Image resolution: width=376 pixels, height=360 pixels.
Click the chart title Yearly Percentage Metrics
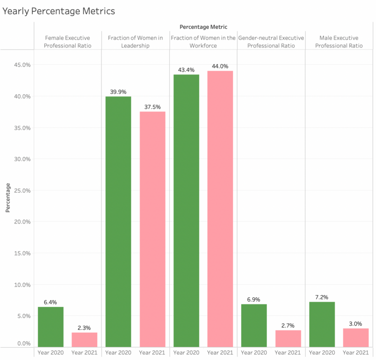click(59, 11)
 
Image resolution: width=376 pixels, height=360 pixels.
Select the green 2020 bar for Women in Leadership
click(118, 222)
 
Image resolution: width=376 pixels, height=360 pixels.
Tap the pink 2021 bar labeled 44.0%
click(220, 209)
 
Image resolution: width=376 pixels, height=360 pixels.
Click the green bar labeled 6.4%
click(51, 327)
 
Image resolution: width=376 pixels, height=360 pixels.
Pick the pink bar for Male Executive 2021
click(356, 338)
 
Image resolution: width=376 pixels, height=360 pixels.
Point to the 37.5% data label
click(152, 107)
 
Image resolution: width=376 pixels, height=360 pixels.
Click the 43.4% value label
click(186, 70)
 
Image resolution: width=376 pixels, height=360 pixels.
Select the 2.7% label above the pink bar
click(288, 326)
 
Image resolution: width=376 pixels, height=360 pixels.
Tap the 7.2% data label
click(322, 297)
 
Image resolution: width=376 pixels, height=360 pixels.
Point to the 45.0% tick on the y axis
click(22, 65)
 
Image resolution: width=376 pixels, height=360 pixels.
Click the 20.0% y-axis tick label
click(22, 222)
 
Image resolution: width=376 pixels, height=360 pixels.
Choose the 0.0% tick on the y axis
click(24, 344)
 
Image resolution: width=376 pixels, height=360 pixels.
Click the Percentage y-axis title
click(8, 198)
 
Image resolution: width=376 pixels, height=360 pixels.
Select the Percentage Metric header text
click(204, 27)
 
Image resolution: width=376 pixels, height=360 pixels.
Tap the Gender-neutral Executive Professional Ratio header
click(271, 42)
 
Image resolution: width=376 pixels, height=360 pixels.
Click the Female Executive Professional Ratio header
click(68, 42)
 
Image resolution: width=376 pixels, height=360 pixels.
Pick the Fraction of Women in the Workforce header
click(204, 42)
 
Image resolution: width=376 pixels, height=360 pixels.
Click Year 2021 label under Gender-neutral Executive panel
click(288, 352)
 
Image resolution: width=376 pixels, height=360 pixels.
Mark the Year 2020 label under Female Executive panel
click(51, 352)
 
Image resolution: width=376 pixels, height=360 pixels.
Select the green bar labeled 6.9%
click(254, 326)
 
